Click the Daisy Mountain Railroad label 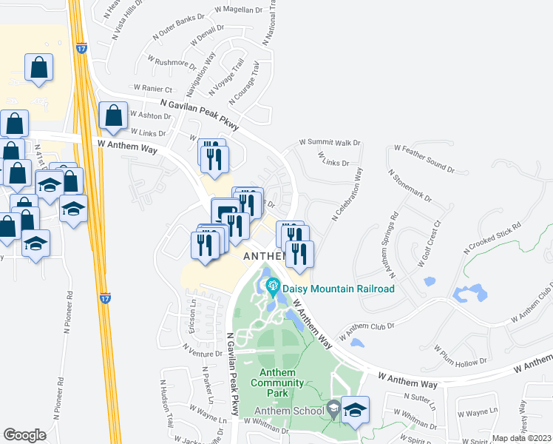point(338,289)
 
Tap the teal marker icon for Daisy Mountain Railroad point(272,284)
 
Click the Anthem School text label point(289,411)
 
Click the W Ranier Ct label point(152,88)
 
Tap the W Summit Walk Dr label point(329,142)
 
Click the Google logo point(24,435)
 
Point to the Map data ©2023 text point(522,438)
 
